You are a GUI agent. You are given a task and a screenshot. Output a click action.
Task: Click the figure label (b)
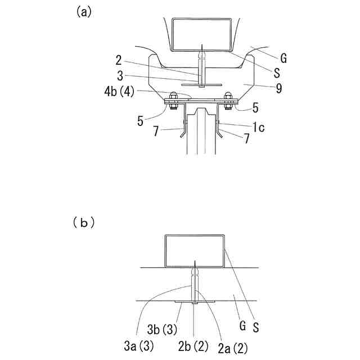[x=83, y=223]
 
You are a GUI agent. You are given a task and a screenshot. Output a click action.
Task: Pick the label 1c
[x=258, y=127]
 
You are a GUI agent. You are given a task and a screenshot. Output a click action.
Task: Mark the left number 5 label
[x=141, y=120]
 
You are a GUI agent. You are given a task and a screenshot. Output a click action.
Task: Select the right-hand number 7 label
[x=246, y=138]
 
